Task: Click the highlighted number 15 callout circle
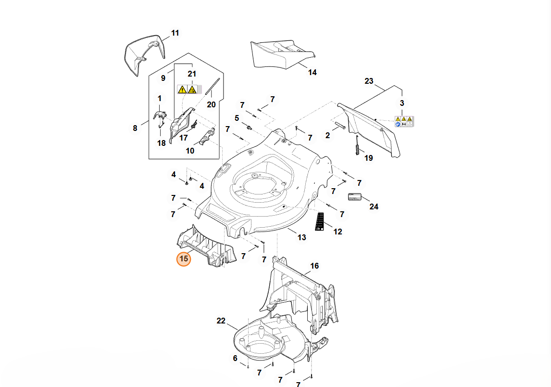point(184,259)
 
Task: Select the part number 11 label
point(175,33)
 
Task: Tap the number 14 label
point(313,73)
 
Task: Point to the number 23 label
point(369,81)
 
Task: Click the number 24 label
point(374,207)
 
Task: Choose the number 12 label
point(338,232)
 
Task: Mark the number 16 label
point(314,266)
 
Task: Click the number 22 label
point(221,321)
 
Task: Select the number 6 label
point(235,358)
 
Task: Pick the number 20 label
point(212,104)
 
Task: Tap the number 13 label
point(301,238)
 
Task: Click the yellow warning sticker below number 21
point(187,89)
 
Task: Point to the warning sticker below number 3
point(404,121)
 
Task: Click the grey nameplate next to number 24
point(354,196)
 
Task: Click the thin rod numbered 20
point(213,86)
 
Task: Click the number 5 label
point(237,118)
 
